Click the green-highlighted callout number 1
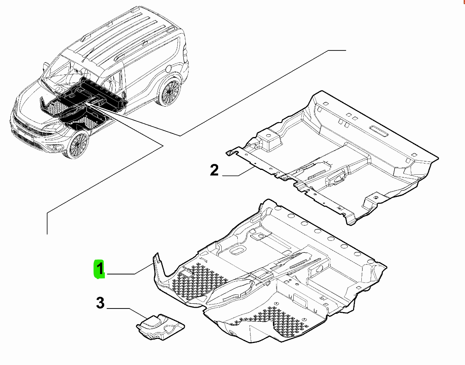coord(99,269)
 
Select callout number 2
coord(214,170)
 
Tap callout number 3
coord(100,303)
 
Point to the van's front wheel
coord(78,145)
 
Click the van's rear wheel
coord(169,91)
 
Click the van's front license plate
coord(25,134)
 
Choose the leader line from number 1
coord(130,270)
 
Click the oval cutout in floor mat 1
coord(237,250)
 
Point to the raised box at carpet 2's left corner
coord(269,139)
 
